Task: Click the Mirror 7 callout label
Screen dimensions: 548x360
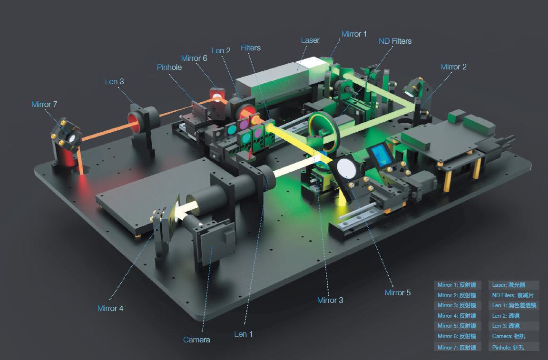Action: point(44,104)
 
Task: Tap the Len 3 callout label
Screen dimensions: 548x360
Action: point(114,81)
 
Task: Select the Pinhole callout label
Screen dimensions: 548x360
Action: point(169,67)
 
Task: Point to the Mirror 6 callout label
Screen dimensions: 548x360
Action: point(194,58)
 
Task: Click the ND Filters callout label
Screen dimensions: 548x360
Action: point(395,41)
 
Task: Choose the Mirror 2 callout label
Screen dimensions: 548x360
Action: point(453,67)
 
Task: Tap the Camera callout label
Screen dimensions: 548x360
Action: point(196,340)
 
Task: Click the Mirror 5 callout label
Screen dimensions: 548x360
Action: point(397,292)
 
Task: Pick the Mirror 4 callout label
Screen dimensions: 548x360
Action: point(110,308)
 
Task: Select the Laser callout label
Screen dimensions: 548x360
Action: point(310,40)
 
